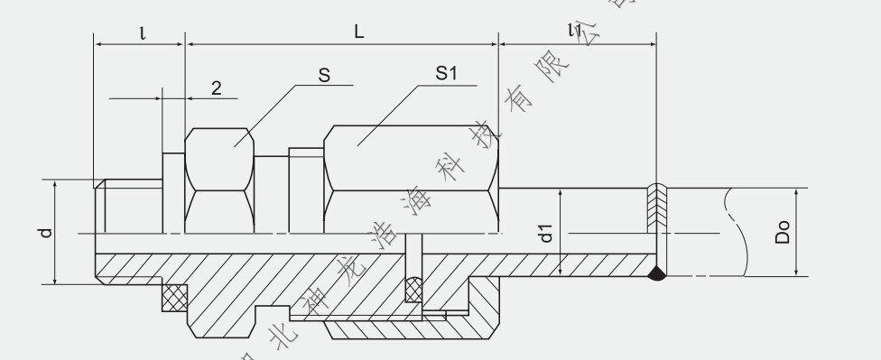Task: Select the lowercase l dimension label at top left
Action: click(142, 32)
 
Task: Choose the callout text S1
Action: click(447, 76)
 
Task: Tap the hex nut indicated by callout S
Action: click(218, 180)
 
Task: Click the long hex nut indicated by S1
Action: click(411, 180)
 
